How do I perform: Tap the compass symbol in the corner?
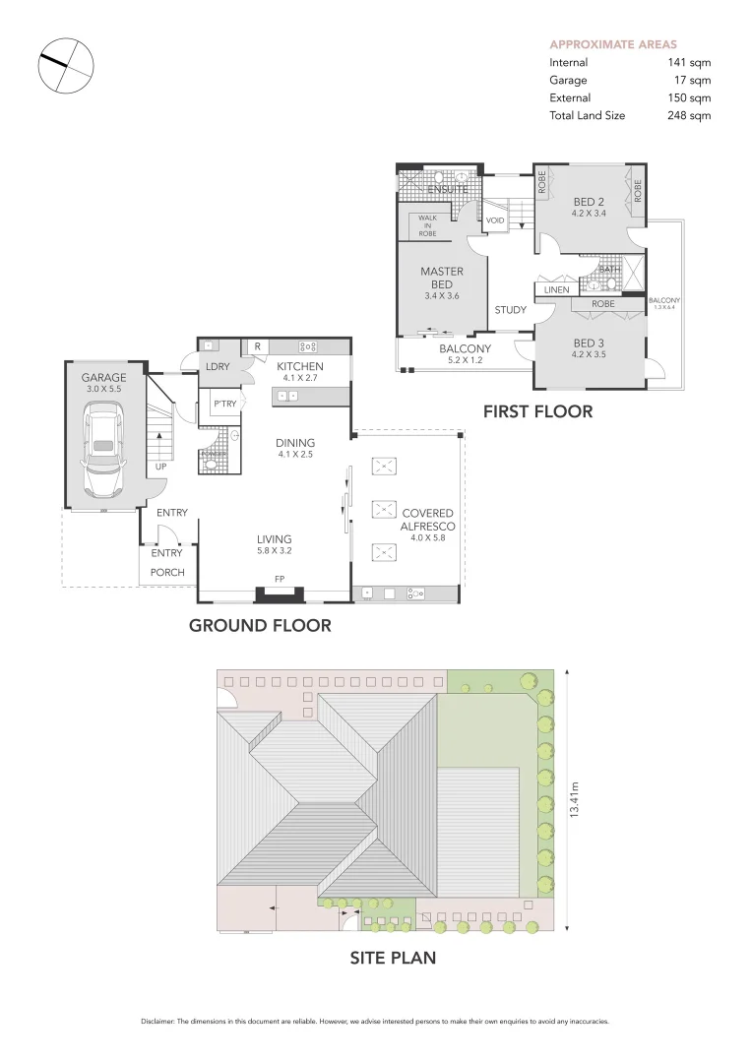click(66, 66)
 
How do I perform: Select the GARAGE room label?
click(103, 377)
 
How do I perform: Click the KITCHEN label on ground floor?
click(300, 366)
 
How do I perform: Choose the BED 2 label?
click(588, 202)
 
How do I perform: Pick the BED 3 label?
click(589, 344)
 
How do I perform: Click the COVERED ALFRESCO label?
click(427, 520)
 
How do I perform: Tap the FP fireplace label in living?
click(280, 580)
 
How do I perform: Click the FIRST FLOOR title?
click(537, 411)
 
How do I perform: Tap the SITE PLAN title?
click(393, 956)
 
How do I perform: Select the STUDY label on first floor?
click(510, 310)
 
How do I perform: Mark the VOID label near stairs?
click(495, 220)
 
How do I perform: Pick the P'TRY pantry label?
click(222, 404)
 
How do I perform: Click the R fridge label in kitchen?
click(257, 345)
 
